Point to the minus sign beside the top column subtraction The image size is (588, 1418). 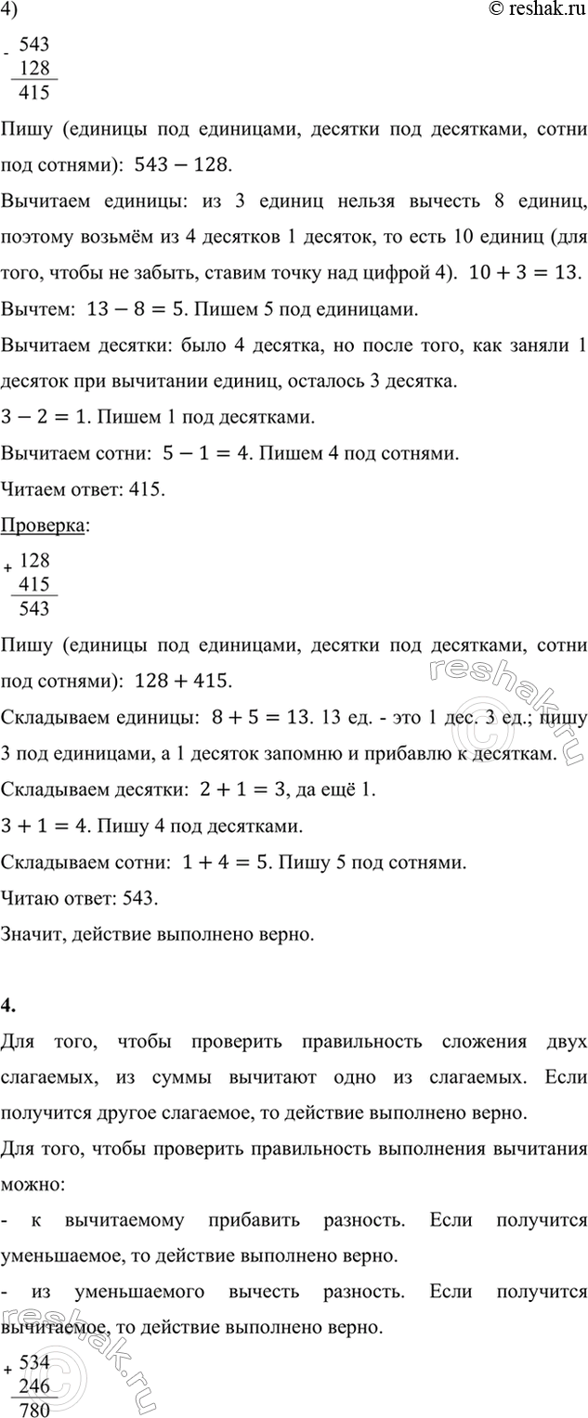point(7,54)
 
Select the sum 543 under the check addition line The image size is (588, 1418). point(40,608)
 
